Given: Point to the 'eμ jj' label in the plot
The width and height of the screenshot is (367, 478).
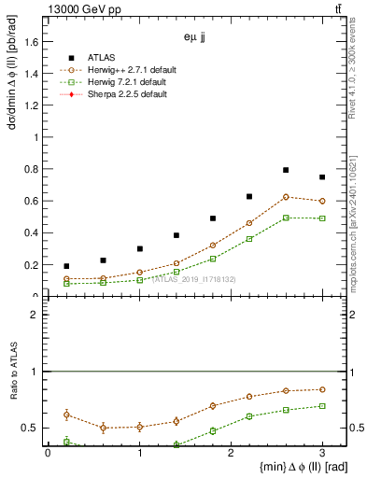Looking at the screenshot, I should click(196, 38).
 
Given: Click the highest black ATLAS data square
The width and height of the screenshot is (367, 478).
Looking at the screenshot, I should click(286, 170).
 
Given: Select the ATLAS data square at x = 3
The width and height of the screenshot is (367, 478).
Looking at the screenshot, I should click(322, 177).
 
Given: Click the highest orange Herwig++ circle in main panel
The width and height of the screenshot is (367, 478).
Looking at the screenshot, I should click(286, 197).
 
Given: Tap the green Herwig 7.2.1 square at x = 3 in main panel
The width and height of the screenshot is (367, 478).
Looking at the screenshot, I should click(322, 218).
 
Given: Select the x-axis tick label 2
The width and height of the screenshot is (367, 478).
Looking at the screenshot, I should click(231, 453).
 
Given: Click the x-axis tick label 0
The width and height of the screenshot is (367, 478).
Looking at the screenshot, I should click(48, 453).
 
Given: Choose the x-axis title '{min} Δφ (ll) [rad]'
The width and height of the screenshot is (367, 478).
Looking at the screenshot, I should click(278, 467).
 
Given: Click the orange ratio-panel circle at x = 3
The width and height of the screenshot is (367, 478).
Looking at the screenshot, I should click(322, 389).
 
